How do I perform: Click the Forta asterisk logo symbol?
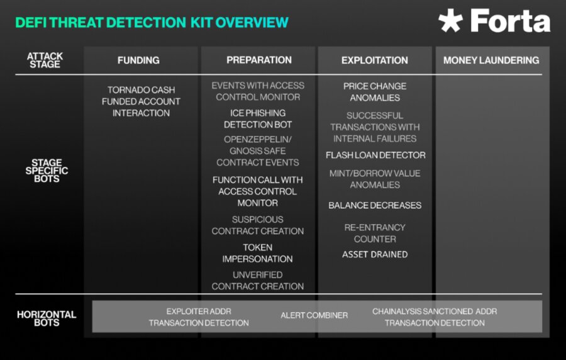click(x=450, y=21)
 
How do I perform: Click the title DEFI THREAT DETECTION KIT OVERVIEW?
click(x=152, y=23)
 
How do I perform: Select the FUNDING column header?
click(x=138, y=60)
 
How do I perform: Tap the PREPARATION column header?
click(x=259, y=60)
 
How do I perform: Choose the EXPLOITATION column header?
click(x=375, y=60)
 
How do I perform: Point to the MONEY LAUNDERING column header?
click(x=491, y=60)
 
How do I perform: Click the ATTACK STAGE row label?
click(x=45, y=60)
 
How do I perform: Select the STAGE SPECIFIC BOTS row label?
click(x=47, y=171)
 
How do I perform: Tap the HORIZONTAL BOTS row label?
click(x=47, y=318)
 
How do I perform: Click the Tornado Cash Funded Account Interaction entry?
click(x=141, y=101)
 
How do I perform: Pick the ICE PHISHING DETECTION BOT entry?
click(x=258, y=119)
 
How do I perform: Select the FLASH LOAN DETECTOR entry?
click(x=375, y=155)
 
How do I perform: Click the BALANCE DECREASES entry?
click(x=375, y=205)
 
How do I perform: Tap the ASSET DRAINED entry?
click(x=375, y=254)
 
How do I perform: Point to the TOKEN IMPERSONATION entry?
click(x=257, y=253)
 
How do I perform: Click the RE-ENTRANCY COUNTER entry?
click(x=375, y=233)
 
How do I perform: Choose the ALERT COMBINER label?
click(x=314, y=315)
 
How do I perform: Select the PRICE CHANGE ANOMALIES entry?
click(x=375, y=92)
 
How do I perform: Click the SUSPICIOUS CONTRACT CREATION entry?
click(x=258, y=225)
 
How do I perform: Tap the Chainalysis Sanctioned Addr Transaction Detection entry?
click(x=435, y=317)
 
